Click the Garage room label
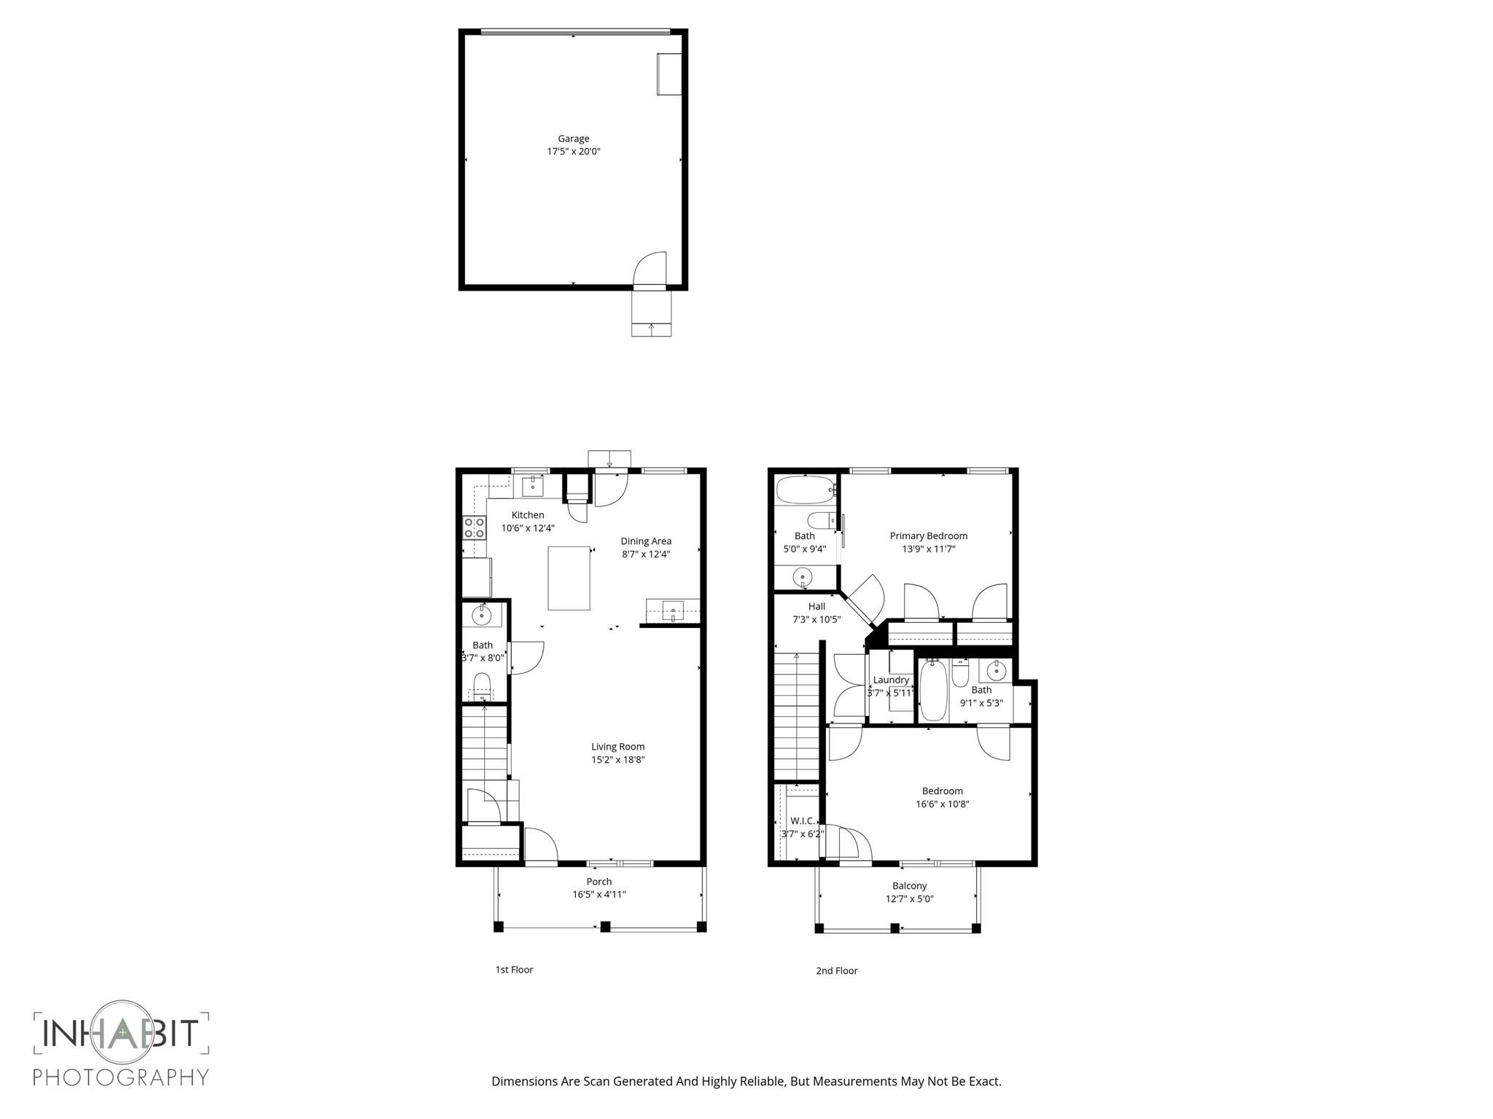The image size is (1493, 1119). click(573, 138)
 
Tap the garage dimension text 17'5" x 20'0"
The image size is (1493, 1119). click(573, 152)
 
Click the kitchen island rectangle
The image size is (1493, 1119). click(569, 578)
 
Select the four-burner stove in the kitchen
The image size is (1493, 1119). click(475, 527)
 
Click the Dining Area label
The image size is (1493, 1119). click(645, 541)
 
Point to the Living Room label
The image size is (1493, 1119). click(617, 747)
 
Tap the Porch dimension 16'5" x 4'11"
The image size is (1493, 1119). click(599, 895)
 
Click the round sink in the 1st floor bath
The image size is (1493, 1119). click(482, 616)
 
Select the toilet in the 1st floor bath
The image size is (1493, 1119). click(482, 685)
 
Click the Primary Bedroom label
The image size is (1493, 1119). click(928, 536)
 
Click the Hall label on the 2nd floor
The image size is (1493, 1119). click(816, 607)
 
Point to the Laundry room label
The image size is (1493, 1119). click(891, 680)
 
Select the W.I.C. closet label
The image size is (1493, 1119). click(802, 821)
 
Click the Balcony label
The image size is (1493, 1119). click(909, 886)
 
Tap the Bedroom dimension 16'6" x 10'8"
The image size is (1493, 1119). click(942, 804)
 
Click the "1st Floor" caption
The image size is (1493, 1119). click(514, 970)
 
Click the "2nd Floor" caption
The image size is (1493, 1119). click(836, 970)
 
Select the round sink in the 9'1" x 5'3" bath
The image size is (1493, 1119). click(996, 670)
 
